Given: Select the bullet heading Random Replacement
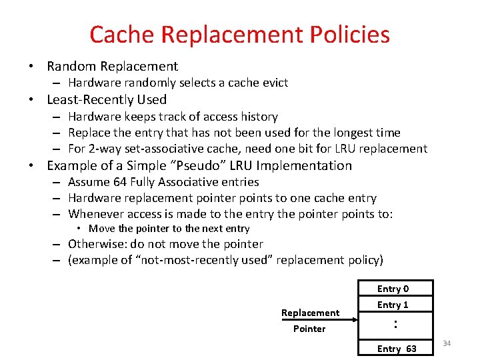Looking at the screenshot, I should pyautogui.click(x=112, y=66).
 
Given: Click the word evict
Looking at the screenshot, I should pyautogui.click(x=275, y=83).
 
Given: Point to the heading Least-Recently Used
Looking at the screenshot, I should pyautogui.click(x=107, y=99).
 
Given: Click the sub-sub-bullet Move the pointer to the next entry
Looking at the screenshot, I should pyautogui.click(x=169, y=229).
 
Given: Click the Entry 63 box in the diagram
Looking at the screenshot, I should pyautogui.click(x=396, y=349).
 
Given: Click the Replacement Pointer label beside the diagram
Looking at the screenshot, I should pyautogui.click(x=310, y=320).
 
